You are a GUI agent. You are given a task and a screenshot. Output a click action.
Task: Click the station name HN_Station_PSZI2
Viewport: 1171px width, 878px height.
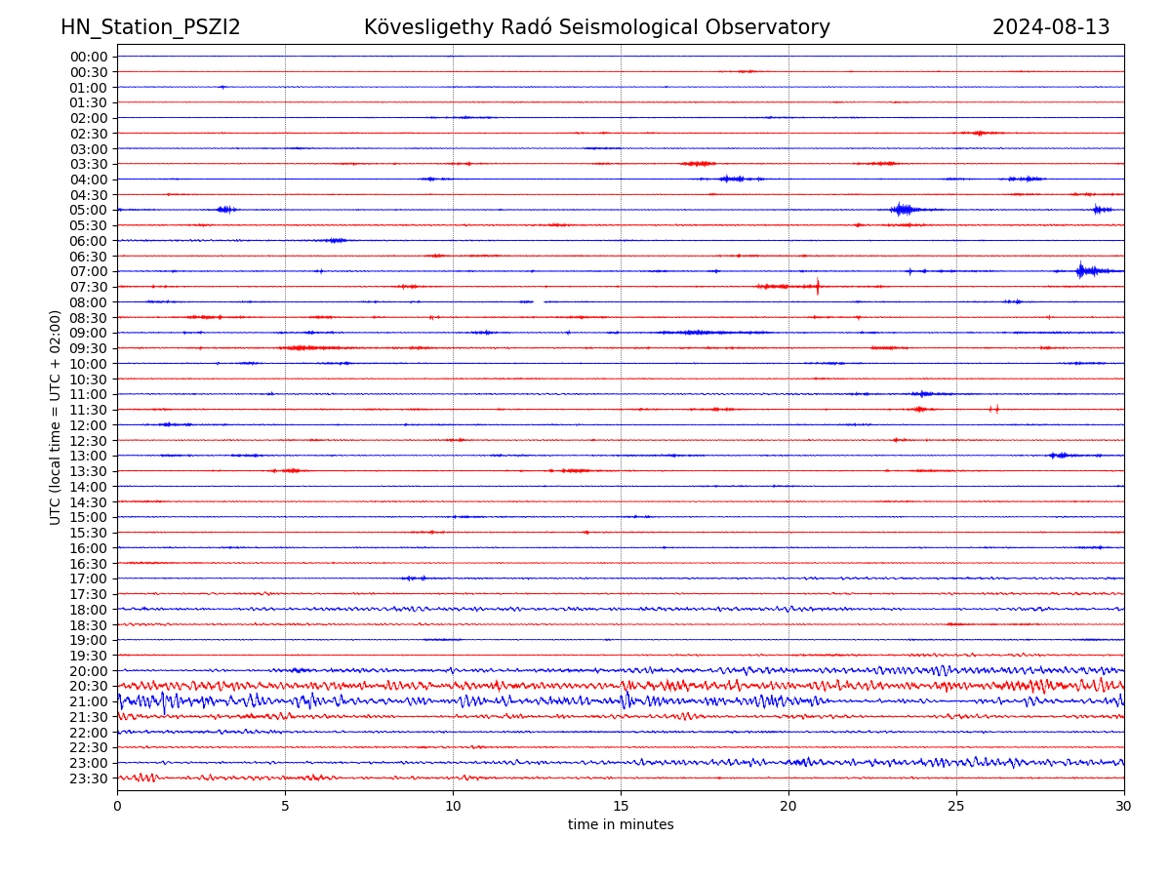150,27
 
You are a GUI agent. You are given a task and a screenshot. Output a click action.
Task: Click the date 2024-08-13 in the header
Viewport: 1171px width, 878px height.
1051,27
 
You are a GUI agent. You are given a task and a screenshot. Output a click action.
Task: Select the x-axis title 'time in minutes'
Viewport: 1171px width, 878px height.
621,824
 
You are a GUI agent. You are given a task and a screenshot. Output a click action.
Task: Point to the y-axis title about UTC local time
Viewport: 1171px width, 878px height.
56,417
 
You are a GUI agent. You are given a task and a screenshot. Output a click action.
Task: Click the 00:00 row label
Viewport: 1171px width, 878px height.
89,57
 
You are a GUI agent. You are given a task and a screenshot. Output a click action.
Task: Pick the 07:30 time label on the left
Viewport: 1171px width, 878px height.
89,287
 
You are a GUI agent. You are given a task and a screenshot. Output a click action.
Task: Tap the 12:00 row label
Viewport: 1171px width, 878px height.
89,425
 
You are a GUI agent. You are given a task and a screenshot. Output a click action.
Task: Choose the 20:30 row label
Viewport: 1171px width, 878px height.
89,686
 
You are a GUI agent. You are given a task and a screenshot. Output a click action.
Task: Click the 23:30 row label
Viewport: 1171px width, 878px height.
89,778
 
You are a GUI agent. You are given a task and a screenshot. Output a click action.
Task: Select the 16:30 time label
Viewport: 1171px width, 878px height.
89,563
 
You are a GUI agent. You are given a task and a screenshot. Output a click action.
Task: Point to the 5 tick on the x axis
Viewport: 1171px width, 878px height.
285,805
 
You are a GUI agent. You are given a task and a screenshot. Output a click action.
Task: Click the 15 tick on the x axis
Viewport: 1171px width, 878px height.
621,805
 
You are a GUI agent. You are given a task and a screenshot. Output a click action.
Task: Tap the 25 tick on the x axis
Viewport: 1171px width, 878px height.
956,805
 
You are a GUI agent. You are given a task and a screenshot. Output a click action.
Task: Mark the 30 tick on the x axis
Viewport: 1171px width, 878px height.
1124,805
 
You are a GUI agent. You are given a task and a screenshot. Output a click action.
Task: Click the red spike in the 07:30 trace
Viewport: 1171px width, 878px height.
818,286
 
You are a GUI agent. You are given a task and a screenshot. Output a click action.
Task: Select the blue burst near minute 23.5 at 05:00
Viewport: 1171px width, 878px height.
903,209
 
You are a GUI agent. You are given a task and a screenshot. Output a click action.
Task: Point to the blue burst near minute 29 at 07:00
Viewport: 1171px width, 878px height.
1081,270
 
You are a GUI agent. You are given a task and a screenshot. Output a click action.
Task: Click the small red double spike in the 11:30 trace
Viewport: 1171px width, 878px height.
994,409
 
